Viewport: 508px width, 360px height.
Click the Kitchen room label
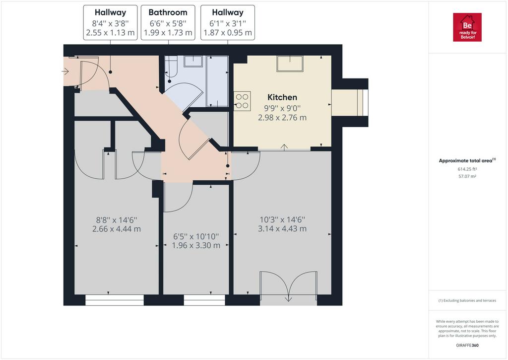pos(282,97)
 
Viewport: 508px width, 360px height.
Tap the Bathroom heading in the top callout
pos(168,12)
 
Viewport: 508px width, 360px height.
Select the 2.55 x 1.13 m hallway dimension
pos(110,33)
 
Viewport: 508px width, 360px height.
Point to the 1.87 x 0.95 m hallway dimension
pos(227,33)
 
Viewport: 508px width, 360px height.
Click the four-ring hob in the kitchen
pos(242,101)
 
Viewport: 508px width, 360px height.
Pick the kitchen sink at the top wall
pos(290,64)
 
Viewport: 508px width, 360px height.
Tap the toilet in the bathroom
pos(171,67)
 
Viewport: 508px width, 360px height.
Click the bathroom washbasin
pos(193,61)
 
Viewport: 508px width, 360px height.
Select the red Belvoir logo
pos(467,27)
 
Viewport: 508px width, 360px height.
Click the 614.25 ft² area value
pos(467,169)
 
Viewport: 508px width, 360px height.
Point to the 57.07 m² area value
pos(467,176)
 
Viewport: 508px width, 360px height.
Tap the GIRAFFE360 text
pos(467,346)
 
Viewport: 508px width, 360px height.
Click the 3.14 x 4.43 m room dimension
pos(282,228)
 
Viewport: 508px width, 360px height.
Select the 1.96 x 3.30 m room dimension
pos(196,245)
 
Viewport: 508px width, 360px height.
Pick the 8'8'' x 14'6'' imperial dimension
pos(117,220)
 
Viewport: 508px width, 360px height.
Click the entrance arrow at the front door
pos(65,71)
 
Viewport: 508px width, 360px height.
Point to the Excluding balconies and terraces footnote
pos(467,300)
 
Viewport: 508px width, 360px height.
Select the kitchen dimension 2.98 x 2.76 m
pos(282,118)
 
